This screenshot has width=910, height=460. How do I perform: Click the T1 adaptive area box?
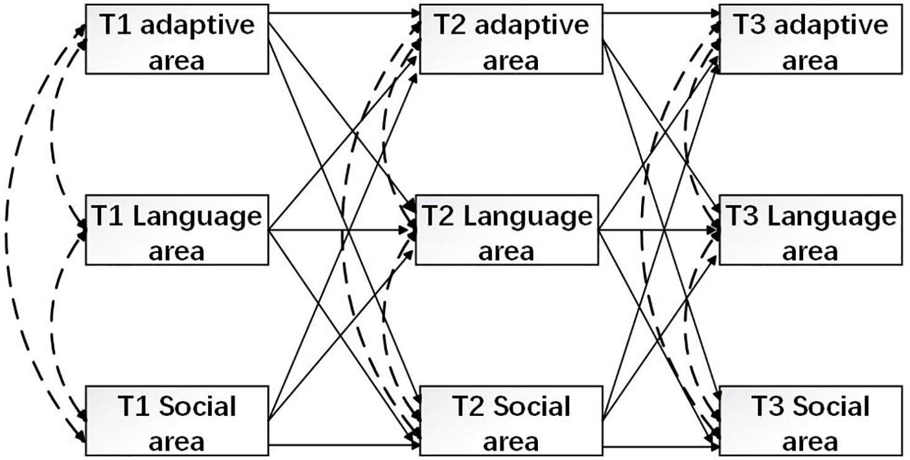tap(176, 40)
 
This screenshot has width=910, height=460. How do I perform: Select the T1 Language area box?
tap(176, 232)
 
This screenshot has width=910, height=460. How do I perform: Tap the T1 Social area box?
tap(176, 421)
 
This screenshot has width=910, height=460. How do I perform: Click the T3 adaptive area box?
tap(810, 40)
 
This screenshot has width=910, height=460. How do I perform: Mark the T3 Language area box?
tap(810, 232)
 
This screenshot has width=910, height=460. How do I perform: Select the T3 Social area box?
tap(810, 421)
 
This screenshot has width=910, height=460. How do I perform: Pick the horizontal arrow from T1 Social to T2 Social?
tap(342, 444)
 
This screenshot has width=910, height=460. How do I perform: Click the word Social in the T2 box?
tap(532, 407)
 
